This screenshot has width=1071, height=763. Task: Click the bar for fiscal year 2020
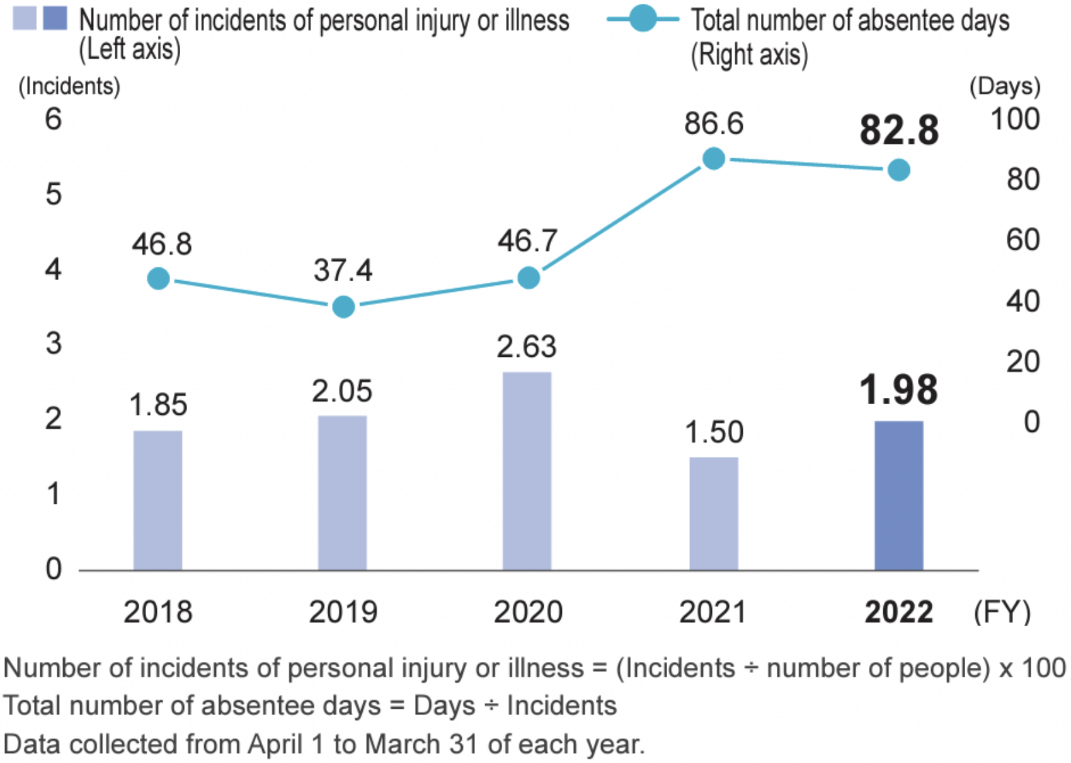527,471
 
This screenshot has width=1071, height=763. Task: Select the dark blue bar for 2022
898,496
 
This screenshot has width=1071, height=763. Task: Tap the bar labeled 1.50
713,514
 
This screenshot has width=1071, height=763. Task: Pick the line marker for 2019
343,307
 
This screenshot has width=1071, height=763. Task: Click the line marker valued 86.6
713,158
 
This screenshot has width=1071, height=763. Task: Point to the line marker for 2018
158,278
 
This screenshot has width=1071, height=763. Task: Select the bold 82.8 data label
898,131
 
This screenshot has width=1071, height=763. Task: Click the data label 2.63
527,347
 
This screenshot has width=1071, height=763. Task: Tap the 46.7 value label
527,241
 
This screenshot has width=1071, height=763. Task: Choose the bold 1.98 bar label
898,390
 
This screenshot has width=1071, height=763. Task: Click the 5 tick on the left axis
54,194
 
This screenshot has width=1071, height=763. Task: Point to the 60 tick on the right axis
1022,240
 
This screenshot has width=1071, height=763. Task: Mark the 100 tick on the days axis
1015,119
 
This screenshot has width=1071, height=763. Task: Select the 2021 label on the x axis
713,612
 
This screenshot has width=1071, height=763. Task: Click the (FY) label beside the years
1002,612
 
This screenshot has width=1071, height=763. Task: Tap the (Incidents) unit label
69,86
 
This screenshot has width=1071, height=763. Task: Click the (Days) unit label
1004,86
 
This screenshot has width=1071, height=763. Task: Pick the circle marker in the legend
642,19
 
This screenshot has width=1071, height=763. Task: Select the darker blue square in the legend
55,19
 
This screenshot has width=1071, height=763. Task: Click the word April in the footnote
275,744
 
